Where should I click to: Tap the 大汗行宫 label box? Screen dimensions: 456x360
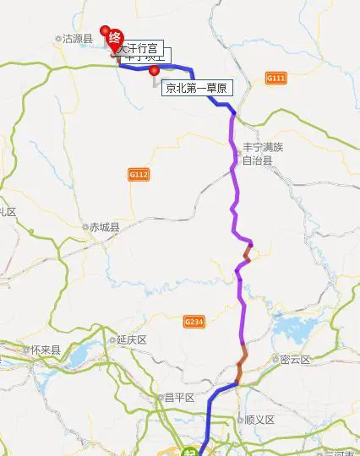139,48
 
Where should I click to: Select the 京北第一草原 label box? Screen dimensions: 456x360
195,87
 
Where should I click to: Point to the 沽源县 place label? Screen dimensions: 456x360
77,39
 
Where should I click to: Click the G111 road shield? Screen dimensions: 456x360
276,78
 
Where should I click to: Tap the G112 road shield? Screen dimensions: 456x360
139,174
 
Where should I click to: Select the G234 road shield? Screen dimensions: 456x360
194,321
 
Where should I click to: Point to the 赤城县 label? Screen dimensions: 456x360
104,226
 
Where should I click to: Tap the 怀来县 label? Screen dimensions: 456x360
45,350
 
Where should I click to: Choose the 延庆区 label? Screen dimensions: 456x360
132,339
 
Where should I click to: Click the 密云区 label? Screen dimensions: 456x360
295,360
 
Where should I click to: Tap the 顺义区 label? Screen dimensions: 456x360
260,420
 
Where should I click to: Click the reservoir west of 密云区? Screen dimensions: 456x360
292,329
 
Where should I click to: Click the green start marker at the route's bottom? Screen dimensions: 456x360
200,451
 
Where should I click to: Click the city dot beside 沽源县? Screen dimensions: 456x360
58,39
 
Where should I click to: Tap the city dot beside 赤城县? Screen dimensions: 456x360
84,226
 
